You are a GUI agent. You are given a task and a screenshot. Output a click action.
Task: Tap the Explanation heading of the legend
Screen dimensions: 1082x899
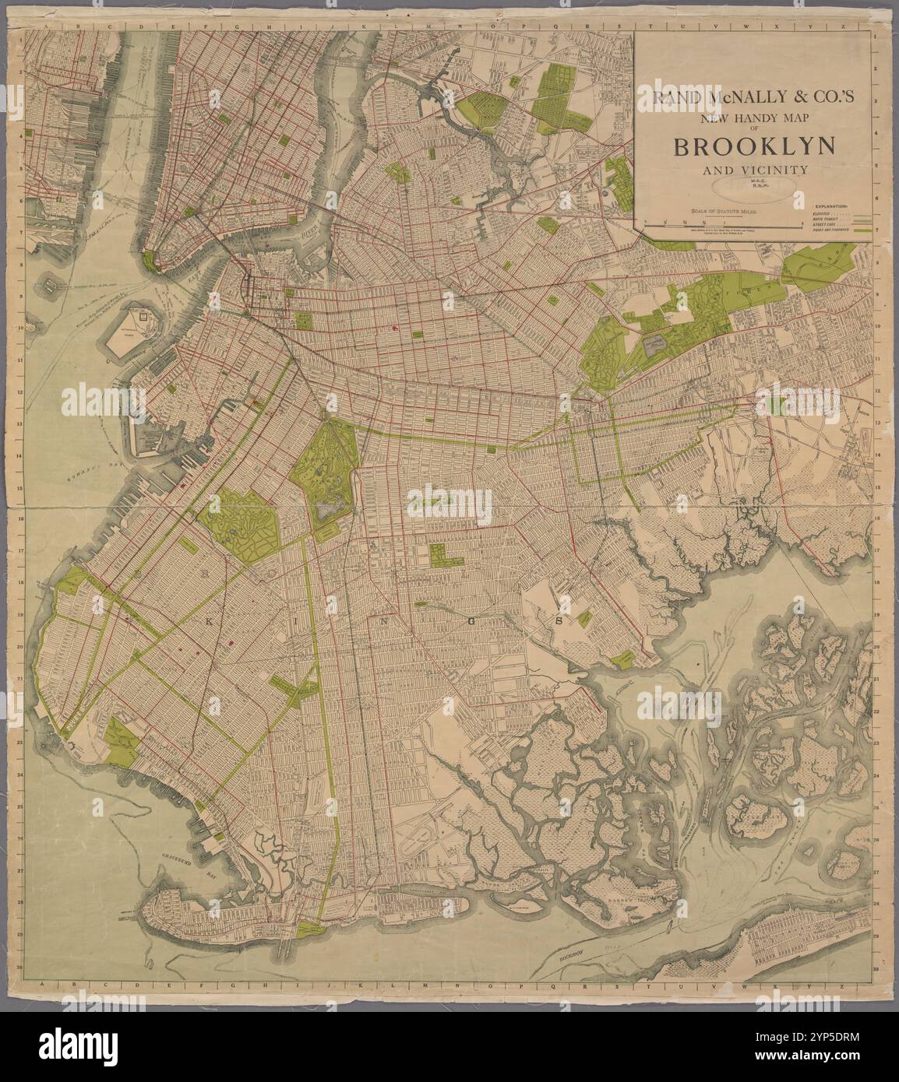click(x=832, y=206)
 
